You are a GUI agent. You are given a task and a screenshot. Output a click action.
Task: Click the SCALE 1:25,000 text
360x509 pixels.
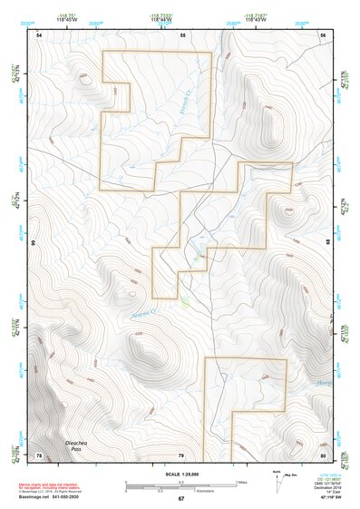pos(180,474)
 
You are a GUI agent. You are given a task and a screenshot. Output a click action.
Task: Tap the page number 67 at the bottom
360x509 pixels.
pos(180,498)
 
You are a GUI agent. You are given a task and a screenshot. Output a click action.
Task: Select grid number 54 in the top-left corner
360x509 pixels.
pos(39,34)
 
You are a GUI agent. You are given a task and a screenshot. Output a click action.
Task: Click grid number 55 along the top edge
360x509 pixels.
pos(181,34)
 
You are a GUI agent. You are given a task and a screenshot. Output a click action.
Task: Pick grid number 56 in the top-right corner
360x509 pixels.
pos(323,34)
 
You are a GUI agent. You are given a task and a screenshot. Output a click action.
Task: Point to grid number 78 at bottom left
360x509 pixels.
pos(39,454)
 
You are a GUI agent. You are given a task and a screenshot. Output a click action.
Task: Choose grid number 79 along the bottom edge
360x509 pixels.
pos(180,454)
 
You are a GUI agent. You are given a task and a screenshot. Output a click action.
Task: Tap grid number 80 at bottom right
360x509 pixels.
pos(323,454)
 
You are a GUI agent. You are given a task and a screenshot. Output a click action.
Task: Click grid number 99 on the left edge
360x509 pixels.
pos(32,243)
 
